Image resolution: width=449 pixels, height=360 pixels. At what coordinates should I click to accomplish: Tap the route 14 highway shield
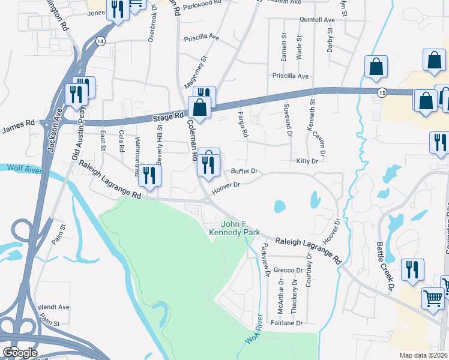[100, 41]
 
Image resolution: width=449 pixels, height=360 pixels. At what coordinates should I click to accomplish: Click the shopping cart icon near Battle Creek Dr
[433, 298]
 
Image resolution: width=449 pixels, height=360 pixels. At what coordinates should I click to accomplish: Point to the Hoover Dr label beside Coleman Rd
[228, 185]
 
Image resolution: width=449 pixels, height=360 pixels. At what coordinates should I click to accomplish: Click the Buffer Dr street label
[244, 172]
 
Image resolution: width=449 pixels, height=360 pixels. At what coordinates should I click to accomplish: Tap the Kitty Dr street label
[307, 161]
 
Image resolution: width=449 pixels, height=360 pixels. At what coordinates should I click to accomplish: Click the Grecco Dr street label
[284, 270]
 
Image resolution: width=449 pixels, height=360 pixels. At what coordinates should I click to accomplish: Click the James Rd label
[18, 128]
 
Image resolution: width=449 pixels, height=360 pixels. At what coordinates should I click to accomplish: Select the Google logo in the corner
[19, 353]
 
